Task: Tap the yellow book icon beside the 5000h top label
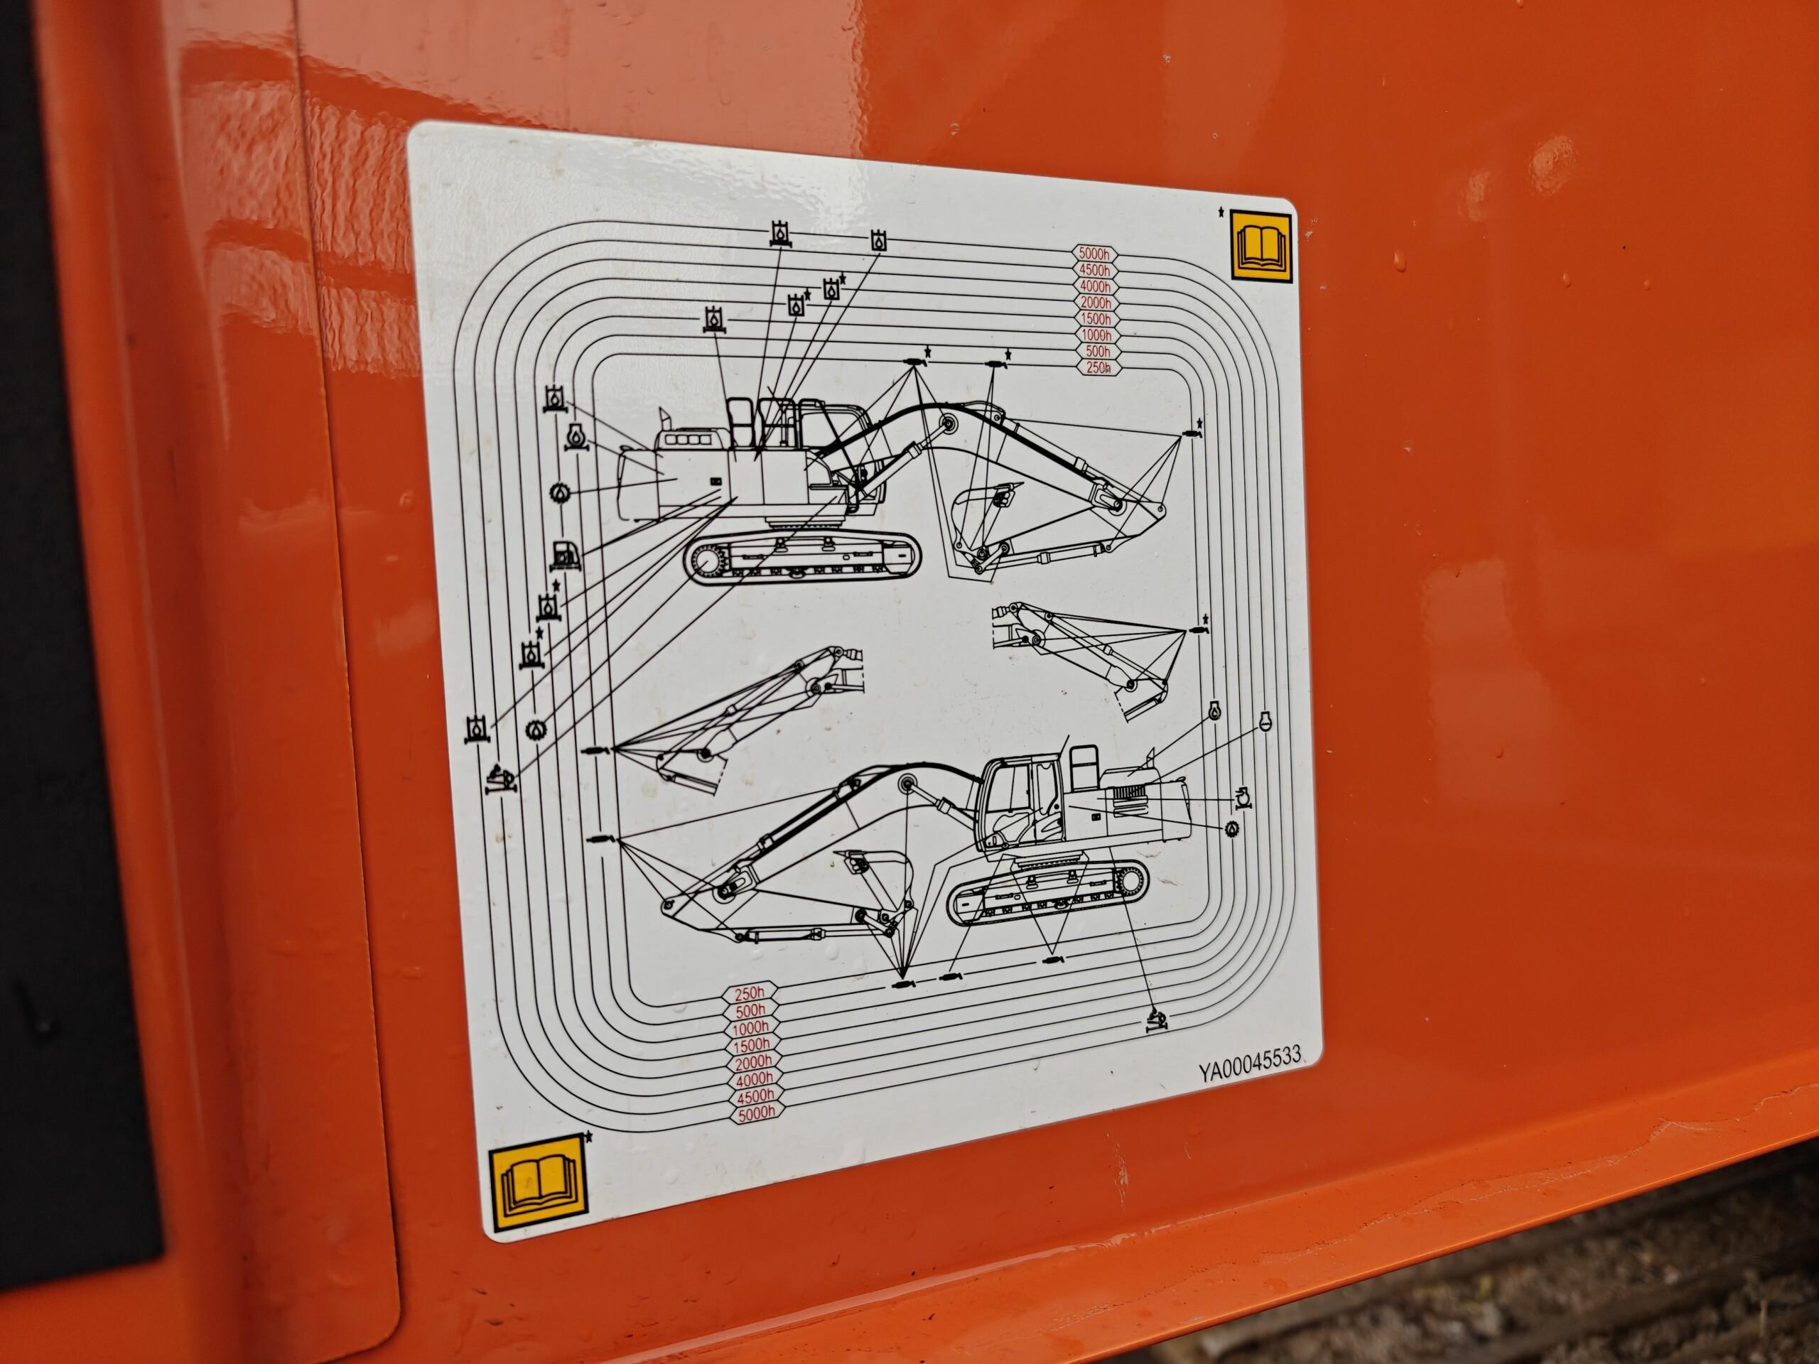1261,247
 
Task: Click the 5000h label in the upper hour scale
1094,253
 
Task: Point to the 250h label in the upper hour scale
1098,368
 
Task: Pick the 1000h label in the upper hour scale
1096,335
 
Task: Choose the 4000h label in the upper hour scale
1094,286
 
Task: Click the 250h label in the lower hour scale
748,994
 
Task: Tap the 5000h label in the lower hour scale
757,1114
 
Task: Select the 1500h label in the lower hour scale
752,1045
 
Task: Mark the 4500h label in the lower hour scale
755,1096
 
